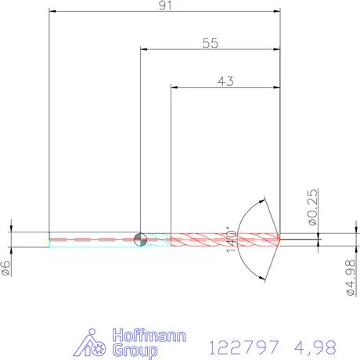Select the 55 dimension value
coord(209,44)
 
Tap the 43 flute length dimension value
coord(225,80)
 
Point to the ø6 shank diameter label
coord(5,268)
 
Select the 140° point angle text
coord(231,239)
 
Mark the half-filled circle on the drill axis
coord(140,239)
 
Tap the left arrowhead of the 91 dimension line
coord(52,12)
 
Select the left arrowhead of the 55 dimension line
coord(144,50)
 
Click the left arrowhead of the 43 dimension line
coord(174,86)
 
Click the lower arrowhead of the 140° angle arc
coord(264,276)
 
